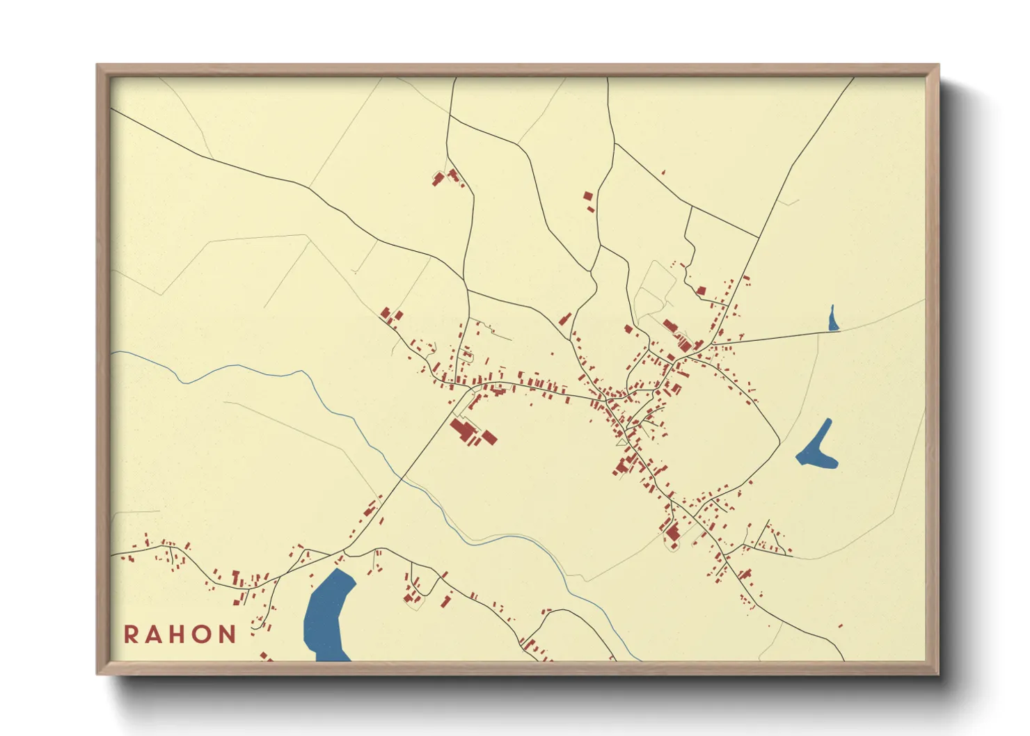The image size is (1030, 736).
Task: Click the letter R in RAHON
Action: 131,634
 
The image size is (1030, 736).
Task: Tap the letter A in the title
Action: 154,634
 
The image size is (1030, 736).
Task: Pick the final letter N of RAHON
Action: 228,634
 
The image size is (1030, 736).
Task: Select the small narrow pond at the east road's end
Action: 832,319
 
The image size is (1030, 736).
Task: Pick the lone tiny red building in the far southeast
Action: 841,626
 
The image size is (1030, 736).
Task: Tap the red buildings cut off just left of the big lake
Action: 266,656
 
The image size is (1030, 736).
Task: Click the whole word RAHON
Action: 180,634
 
